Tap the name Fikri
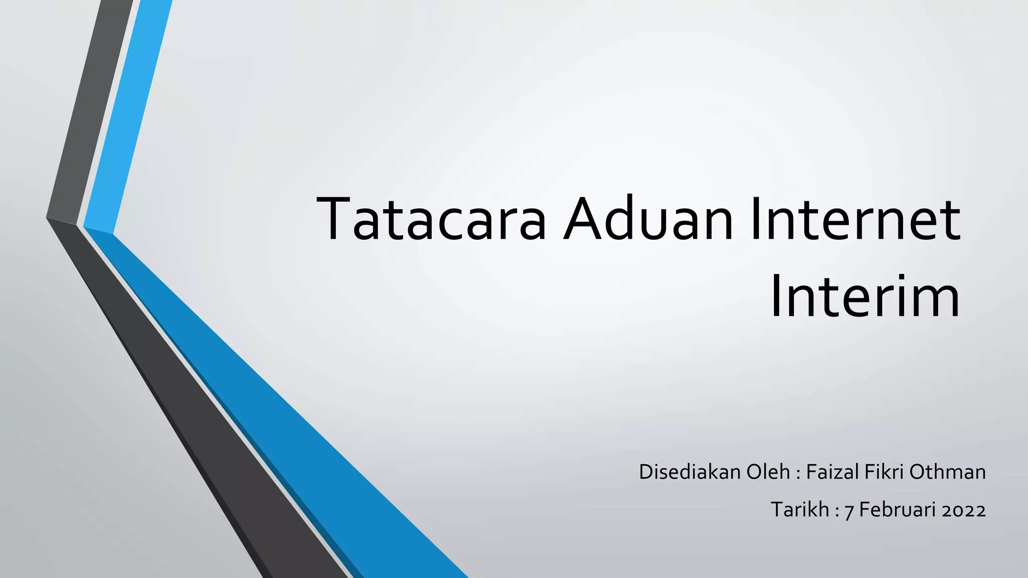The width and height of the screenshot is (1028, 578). [x=883, y=472]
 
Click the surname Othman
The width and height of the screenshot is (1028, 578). [x=947, y=472]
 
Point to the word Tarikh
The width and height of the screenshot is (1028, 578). [x=800, y=510]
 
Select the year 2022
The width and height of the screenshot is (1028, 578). [x=964, y=511]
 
